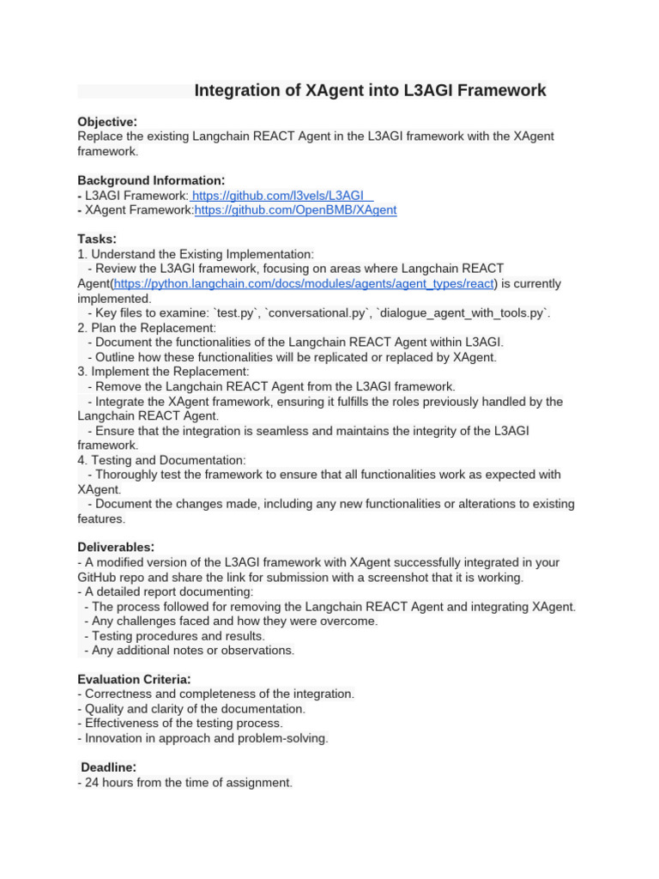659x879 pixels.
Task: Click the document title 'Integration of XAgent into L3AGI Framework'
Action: pyautogui.click(x=370, y=91)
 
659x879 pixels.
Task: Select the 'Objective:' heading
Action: pyautogui.click(x=107, y=122)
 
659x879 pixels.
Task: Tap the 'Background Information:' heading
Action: pyautogui.click(x=151, y=180)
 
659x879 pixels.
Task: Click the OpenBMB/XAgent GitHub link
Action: pyautogui.click(x=295, y=210)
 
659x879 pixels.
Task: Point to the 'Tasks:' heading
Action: pyautogui.click(x=97, y=239)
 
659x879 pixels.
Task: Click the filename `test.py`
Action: pyautogui.click(x=238, y=313)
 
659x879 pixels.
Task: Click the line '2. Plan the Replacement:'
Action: pyautogui.click(x=147, y=328)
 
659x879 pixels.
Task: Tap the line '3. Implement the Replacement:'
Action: pyautogui.click(x=163, y=372)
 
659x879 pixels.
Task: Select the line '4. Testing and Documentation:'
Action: pyautogui.click(x=161, y=460)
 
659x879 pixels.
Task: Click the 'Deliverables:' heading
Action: pyautogui.click(x=116, y=548)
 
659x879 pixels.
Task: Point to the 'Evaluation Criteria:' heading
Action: pyautogui.click(x=134, y=679)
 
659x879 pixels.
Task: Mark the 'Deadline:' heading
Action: pyautogui.click(x=109, y=767)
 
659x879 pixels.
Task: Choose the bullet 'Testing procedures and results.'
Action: pyautogui.click(x=175, y=636)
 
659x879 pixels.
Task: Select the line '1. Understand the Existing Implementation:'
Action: pyautogui.click(x=196, y=254)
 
